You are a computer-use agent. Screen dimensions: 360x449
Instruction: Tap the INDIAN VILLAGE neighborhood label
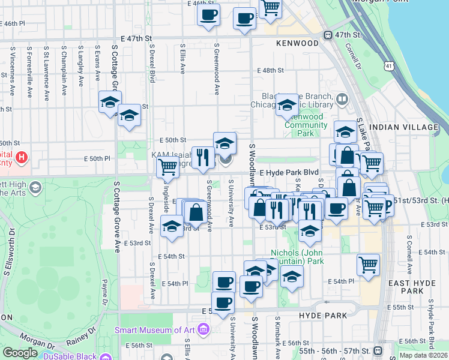click(408, 127)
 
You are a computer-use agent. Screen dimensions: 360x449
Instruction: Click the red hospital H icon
click(22, 158)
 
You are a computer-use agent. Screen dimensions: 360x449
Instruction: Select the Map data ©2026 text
click(423, 355)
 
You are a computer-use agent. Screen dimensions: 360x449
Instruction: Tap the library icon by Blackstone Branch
click(342, 98)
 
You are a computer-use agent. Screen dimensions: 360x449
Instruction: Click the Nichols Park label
click(298, 257)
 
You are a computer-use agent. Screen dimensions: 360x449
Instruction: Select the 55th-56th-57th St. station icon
click(378, 351)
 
